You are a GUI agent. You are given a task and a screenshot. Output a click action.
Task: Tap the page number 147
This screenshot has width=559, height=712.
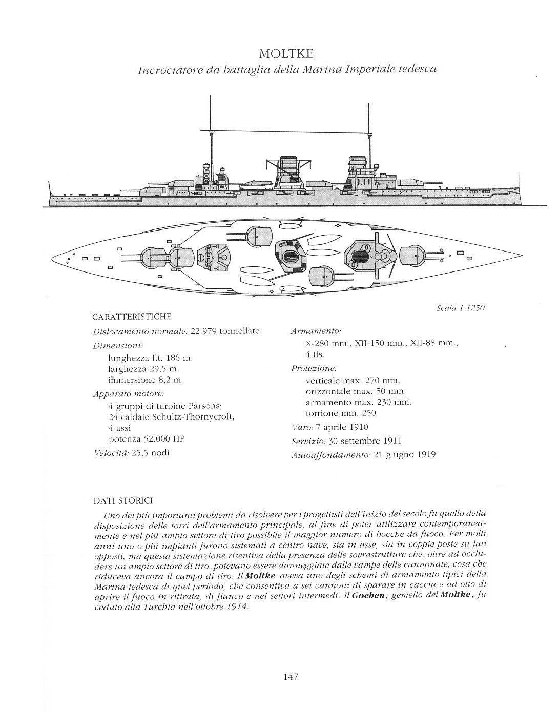click(x=291, y=677)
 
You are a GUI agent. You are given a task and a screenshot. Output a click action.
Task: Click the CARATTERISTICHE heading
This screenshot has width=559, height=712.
click(x=132, y=317)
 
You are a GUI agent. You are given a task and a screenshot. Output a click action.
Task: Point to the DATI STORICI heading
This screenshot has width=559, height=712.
click(x=122, y=500)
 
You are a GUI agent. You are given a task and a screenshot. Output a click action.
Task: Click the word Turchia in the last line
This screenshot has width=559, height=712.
click(x=158, y=607)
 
